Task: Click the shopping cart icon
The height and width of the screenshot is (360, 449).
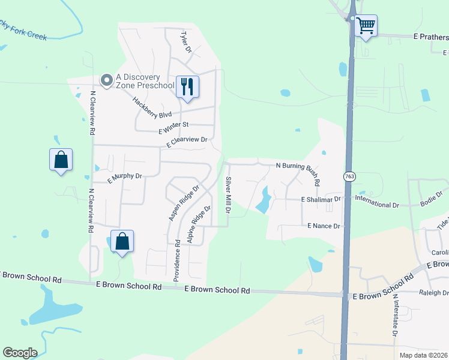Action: (x=366, y=26)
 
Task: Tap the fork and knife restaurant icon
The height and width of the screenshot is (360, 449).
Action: (x=187, y=87)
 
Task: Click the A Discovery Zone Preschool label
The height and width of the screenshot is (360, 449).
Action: (x=145, y=81)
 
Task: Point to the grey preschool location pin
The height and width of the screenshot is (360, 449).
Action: (x=107, y=80)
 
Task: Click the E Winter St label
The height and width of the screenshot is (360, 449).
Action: (x=173, y=128)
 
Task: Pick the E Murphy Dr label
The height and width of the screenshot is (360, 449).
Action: (x=124, y=177)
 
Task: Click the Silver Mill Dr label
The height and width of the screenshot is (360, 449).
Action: (x=228, y=196)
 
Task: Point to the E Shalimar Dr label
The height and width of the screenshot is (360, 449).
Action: (x=321, y=199)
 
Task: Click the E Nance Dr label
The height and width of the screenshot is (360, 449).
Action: (x=324, y=226)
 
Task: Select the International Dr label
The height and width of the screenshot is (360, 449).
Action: (x=377, y=201)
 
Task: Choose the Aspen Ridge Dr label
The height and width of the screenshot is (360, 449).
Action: (x=183, y=203)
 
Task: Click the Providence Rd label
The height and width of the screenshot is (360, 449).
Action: (x=177, y=261)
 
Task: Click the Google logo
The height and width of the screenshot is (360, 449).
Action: (x=20, y=353)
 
